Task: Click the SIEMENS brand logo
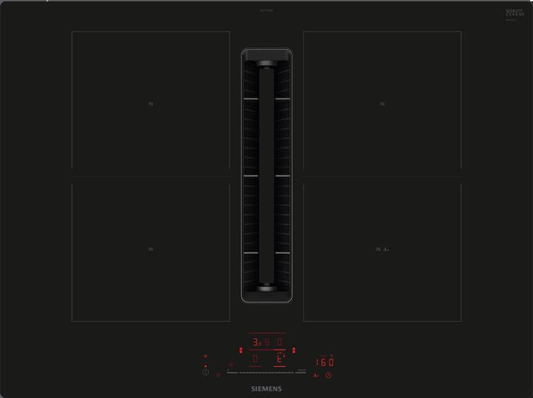click(x=266, y=388)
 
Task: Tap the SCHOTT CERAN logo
click(x=514, y=13)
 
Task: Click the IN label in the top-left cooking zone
click(x=150, y=104)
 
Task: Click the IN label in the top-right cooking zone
click(x=382, y=104)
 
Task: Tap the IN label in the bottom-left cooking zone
click(x=150, y=249)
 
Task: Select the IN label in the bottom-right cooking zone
click(x=378, y=249)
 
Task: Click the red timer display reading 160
click(x=325, y=362)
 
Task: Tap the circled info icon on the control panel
click(x=206, y=372)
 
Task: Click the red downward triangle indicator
click(x=206, y=357)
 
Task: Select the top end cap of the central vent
click(x=266, y=54)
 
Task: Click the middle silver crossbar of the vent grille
click(x=266, y=176)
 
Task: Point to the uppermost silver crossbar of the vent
click(x=266, y=98)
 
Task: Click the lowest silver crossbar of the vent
click(x=266, y=253)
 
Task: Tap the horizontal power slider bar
click(x=266, y=371)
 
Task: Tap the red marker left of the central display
click(x=241, y=350)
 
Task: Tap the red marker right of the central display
click(x=294, y=350)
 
